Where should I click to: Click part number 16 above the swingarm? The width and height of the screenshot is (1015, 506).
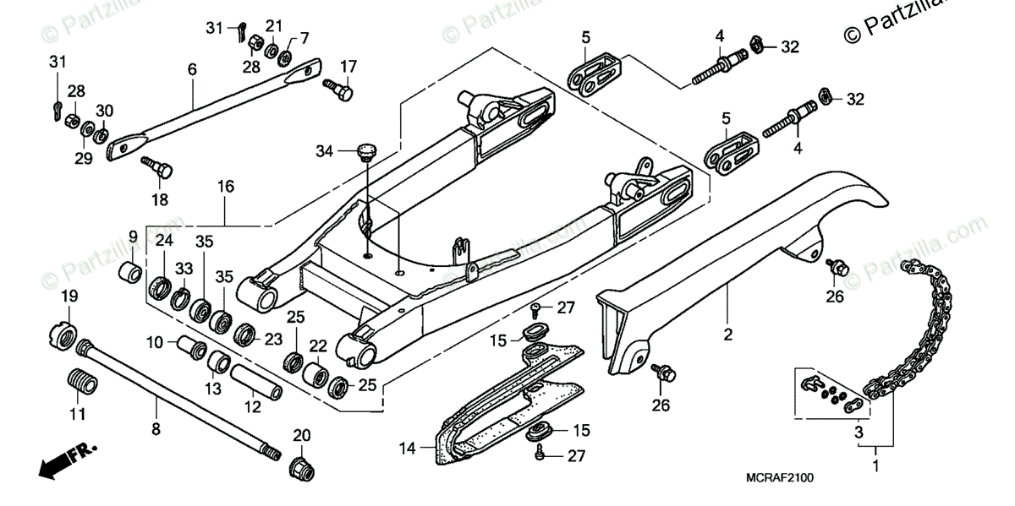(225, 186)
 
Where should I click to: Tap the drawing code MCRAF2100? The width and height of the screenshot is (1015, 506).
(779, 479)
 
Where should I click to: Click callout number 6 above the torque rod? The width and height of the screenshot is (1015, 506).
(191, 70)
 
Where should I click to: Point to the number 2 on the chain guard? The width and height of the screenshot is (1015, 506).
(727, 335)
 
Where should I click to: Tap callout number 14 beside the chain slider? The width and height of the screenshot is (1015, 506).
(408, 449)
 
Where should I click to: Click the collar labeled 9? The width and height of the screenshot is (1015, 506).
(131, 274)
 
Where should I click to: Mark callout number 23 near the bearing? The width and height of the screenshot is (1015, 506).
(273, 339)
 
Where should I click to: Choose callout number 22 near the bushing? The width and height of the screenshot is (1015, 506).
(317, 346)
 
